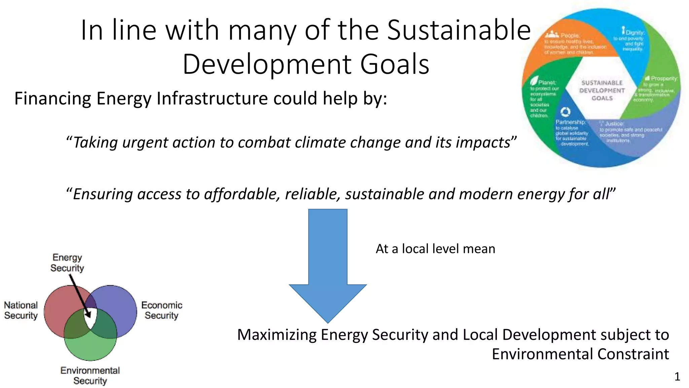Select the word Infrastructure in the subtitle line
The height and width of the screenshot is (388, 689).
click(213, 99)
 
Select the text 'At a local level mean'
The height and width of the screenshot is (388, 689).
click(435, 249)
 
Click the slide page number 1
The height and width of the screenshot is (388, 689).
click(677, 377)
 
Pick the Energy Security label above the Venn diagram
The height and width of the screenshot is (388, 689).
click(67, 263)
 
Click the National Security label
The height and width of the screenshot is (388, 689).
click(21, 310)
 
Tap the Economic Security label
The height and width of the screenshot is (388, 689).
click(162, 310)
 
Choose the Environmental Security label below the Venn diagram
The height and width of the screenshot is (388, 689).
click(90, 376)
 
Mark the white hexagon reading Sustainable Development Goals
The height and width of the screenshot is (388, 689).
click(602, 90)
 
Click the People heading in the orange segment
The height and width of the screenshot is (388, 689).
click(570, 35)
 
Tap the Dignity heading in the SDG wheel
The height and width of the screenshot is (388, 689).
click(635, 33)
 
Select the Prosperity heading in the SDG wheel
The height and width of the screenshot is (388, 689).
click(664, 78)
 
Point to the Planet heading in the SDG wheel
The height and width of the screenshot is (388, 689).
click(547, 83)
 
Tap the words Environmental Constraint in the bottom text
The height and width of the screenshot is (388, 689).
click(580, 354)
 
